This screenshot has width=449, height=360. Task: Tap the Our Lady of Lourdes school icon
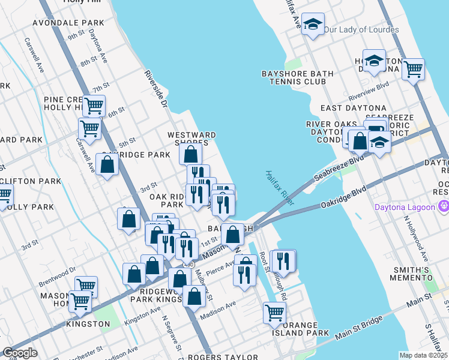tap(313, 25)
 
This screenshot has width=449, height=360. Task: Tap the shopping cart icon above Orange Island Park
tap(274, 312)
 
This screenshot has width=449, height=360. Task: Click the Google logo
tap(20, 353)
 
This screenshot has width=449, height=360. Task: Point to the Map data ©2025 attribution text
tap(423, 355)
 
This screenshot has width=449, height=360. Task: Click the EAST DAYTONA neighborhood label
tap(348, 107)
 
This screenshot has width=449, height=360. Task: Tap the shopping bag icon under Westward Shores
tap(191, 154)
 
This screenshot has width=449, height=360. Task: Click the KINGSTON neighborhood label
tap(88, 324)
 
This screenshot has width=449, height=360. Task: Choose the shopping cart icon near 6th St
tap(94, 106)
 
